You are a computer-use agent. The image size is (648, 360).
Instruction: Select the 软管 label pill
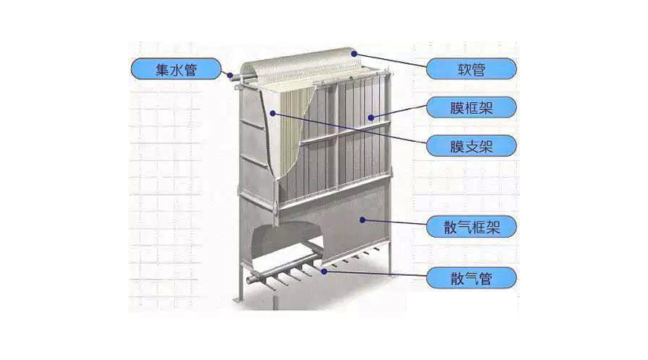point(472,70)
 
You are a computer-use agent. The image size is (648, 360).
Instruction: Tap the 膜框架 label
point(472,108)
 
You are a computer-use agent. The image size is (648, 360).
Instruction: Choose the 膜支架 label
point(472,146)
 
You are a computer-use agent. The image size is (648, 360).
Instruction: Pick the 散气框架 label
point(472,228)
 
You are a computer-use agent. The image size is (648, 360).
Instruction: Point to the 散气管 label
point(472,276)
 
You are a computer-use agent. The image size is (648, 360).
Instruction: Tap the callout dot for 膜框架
point(372,117)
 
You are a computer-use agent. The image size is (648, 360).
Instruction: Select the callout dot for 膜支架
point(271,112)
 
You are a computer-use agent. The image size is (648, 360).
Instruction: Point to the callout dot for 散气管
point(325,271)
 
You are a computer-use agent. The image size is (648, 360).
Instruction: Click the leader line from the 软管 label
point(392,62)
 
